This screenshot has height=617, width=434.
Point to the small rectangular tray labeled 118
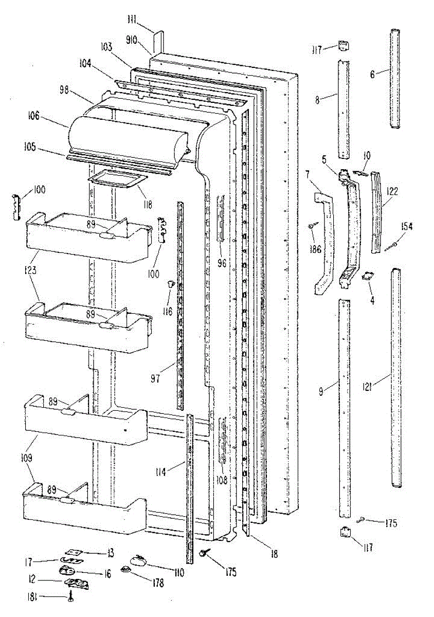(118, 179)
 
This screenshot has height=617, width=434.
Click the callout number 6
(372, 74)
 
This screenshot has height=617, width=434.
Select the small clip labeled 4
(368, 277)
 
